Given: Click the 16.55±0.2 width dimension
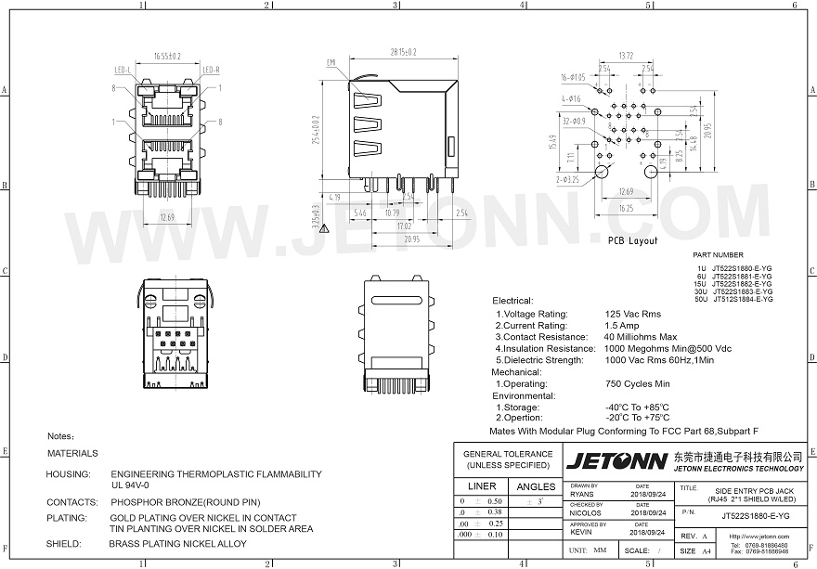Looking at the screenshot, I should click(x=168, y=56).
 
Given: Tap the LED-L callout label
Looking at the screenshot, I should click(x=122, y=70).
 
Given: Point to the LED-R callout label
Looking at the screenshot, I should click(x=211, y=70).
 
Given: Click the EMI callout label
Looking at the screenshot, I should click(x=331, y=62).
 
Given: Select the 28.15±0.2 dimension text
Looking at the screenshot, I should click(x=403, y=52).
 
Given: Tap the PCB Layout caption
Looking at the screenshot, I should click(x=632, y=240).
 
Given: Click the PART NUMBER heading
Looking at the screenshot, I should click(x=719, y=254).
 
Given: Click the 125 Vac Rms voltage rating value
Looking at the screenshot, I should click(x=633, y=314).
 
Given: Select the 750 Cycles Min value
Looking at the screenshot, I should click(x=637, y=383).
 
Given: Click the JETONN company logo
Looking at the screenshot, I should click(x=617, y=460).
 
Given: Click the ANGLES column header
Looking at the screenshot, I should click(x=536, y=486).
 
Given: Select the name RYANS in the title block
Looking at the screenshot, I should click(x=582, y=494).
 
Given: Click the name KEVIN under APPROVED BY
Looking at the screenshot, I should click(x=581, y=533).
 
